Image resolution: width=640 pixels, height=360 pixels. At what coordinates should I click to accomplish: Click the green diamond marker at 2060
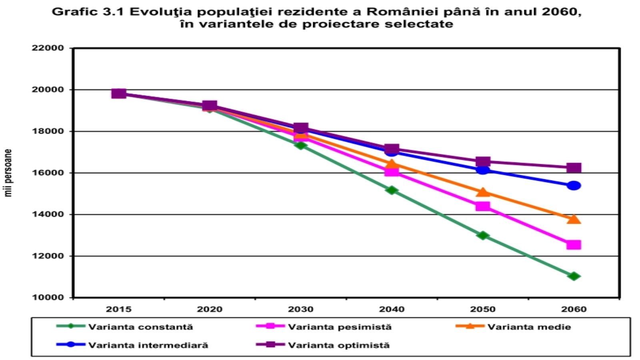pos(574,276)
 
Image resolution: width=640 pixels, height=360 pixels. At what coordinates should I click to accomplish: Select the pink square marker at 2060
pos(574,244)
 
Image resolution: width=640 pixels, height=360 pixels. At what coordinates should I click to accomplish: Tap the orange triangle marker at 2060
pos(574,219)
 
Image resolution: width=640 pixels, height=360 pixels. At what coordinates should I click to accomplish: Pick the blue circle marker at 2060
pos(574,186)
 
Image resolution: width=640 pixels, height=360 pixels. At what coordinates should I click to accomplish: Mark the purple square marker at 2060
pos(574,168)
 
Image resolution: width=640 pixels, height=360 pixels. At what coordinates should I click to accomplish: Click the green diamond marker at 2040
pos(392,190)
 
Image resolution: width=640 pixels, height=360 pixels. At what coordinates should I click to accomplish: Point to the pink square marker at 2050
pos(483,206)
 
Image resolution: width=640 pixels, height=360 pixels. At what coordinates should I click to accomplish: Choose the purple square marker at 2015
pos(119,94)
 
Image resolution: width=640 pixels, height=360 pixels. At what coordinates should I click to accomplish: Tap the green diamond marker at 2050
pos(483,235)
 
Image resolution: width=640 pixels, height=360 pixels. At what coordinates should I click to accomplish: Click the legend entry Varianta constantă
pos(140,327)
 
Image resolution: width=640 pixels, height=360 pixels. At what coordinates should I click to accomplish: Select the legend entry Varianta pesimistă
pos(340,327)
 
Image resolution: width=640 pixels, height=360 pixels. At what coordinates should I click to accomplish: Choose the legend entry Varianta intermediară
pos(148,345)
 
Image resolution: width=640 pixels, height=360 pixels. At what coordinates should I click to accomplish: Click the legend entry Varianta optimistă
pos(338,345)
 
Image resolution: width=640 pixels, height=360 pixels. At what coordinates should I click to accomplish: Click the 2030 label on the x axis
pos(301,309)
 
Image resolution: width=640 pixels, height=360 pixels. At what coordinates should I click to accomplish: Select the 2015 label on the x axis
pos(119,309)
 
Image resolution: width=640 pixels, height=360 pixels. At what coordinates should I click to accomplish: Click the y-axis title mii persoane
pos(8,173)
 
